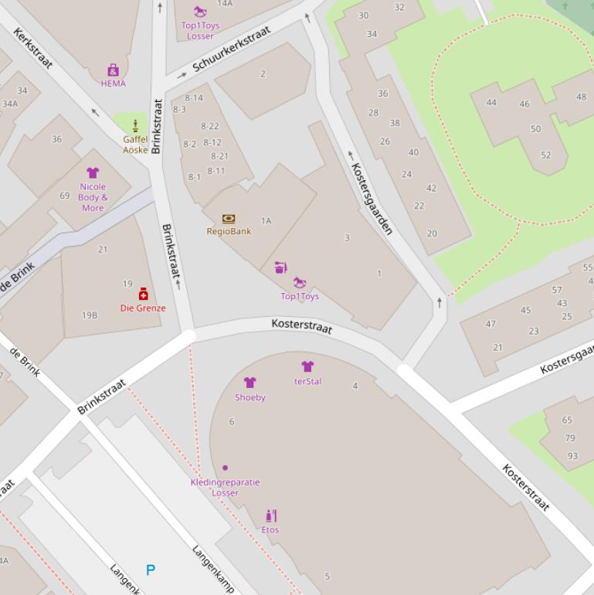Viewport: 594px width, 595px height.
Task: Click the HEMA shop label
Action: click(113, 83)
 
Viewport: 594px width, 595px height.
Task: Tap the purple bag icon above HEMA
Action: click(113, 70)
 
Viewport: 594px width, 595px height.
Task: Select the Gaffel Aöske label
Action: click(135, 144)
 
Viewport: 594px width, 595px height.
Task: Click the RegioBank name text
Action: click(229, 231)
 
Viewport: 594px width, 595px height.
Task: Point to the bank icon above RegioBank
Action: click(228, 219)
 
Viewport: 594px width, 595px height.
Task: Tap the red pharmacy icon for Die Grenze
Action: click(143, 294)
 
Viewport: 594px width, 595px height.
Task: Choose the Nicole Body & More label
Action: click(93, 197)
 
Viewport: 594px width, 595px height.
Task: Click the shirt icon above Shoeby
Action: click(249, 382)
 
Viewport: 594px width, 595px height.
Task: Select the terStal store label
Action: click(307, 381)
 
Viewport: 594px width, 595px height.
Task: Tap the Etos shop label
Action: click(270, 530)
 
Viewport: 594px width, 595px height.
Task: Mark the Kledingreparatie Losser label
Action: click(225, 488)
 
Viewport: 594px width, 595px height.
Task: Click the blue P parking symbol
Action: click(151, 570)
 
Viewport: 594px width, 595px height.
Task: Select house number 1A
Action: click(266, 221)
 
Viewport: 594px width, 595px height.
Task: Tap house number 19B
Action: click(90, 315)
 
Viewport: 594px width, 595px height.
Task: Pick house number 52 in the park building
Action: click(545, 155)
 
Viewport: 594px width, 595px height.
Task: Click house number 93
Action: click(572, 456)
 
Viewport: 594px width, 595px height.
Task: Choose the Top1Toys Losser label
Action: click(200, 31)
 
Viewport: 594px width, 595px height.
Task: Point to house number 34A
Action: click(9, 104)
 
